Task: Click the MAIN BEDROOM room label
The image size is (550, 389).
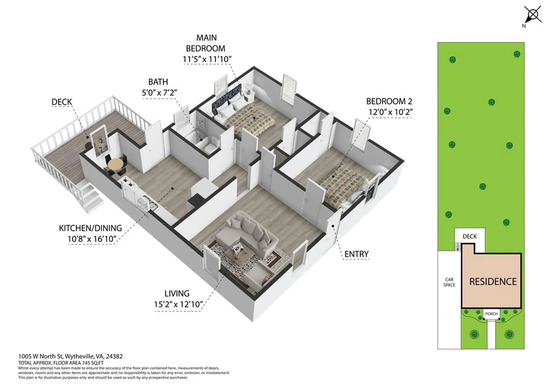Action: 206,43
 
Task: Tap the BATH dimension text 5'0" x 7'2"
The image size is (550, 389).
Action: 159,93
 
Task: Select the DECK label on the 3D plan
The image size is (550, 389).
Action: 62,102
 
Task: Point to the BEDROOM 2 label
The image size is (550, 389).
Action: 389,101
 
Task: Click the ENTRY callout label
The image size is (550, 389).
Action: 356,254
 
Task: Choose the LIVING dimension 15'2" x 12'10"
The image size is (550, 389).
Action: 178,304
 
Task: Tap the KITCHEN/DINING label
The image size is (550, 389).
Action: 90,228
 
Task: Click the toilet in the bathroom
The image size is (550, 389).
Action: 210,146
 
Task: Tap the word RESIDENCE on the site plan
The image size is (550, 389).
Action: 493,282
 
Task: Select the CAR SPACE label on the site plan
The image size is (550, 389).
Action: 449,282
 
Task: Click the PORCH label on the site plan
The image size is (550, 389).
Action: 491,314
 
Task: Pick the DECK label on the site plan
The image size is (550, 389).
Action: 470,236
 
